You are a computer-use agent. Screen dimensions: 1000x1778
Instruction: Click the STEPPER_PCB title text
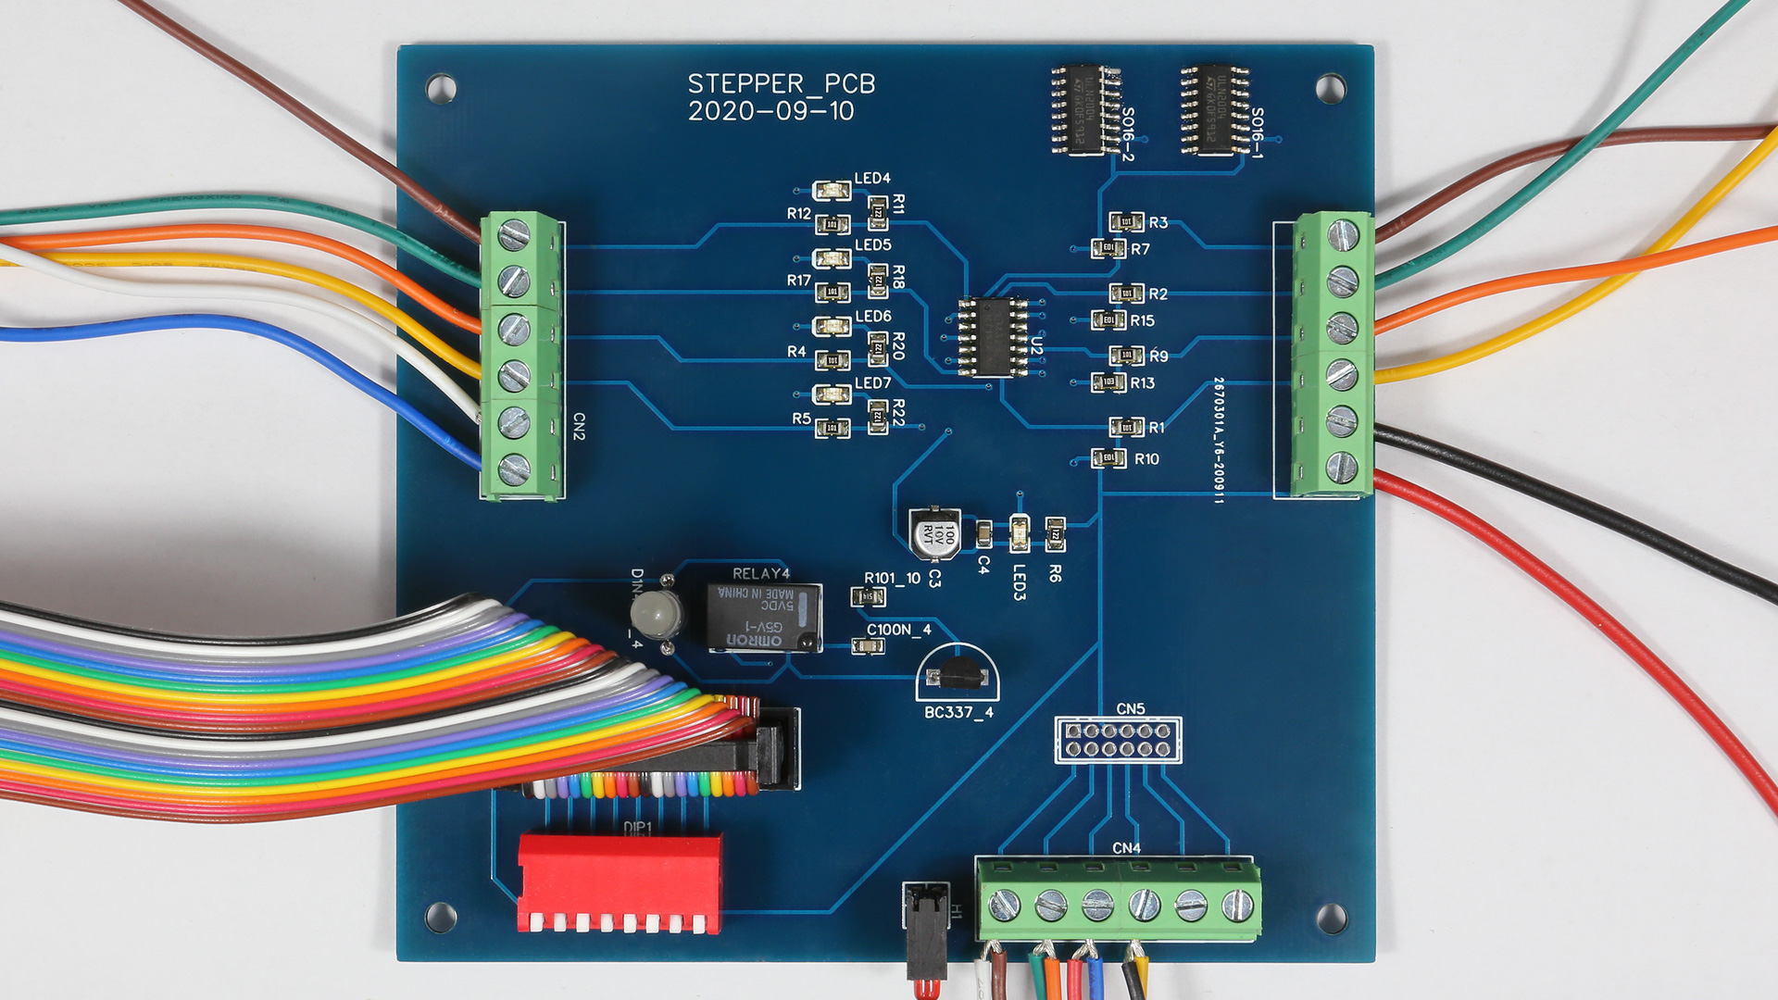781,84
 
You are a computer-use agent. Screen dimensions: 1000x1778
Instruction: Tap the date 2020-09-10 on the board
770,112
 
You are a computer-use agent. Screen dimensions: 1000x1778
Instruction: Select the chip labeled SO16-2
1086,109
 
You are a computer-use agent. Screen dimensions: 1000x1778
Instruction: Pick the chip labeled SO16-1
1215,109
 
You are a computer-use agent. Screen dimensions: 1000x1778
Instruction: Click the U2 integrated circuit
993,336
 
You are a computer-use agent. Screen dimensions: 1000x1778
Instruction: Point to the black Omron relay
764,618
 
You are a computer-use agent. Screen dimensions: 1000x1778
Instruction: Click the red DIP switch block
620,881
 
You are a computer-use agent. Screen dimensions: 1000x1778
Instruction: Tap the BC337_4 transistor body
958,673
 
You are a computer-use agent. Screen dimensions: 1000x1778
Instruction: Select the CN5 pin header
1118,740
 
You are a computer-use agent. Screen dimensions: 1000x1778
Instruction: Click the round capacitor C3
933,534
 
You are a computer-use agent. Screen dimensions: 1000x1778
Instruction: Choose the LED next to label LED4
832,192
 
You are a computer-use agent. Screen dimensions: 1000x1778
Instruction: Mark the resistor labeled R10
1108,458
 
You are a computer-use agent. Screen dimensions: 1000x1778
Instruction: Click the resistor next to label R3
1126,222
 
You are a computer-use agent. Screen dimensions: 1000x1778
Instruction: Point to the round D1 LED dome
657,613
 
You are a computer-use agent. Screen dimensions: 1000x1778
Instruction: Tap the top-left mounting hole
441,89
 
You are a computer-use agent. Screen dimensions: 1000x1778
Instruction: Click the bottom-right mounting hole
1331,918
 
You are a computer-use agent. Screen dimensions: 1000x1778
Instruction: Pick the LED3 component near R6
1019,534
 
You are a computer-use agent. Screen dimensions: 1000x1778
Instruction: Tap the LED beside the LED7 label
832,395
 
